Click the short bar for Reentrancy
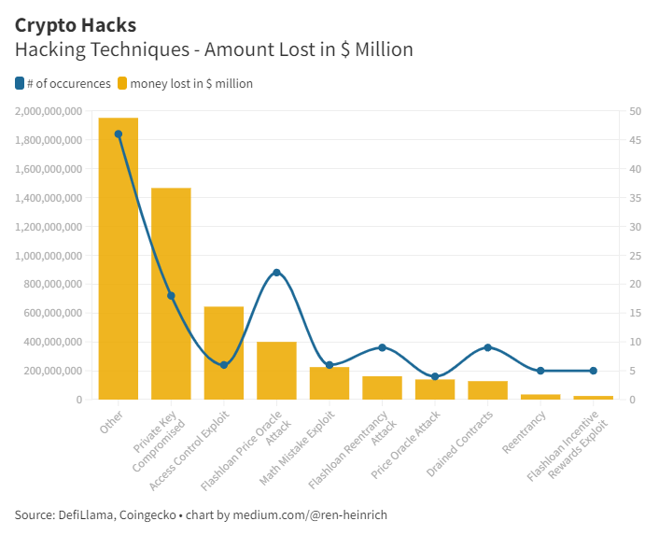(x=540, y=397)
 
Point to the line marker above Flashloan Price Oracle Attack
(x=276, y=273)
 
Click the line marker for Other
(x=118, y=134)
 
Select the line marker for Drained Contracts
(x=487, y=347)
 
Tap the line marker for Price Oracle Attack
(x=435, y=376)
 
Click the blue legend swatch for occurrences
(x=21, y=83)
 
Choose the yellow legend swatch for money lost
(x=122, y=83)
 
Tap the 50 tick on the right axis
(x=636, y=112)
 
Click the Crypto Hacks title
(x=75, y=25)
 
